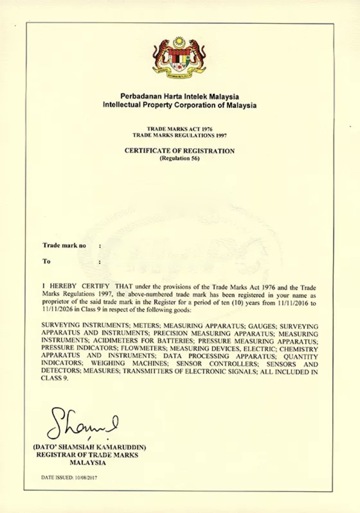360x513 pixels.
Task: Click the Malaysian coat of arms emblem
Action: [179, 58]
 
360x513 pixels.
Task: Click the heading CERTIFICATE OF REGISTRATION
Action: [180, 151]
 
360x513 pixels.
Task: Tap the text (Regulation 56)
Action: [180, 159]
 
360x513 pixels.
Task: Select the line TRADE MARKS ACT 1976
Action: [180, 128]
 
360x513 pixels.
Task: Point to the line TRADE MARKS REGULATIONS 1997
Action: [180, 135]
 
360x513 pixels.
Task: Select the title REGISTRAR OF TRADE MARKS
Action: [87, 455]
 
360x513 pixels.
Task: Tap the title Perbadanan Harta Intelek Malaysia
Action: [180, 97]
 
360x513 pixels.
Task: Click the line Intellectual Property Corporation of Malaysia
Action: [180, 105]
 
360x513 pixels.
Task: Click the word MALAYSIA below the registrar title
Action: [87, 463]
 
